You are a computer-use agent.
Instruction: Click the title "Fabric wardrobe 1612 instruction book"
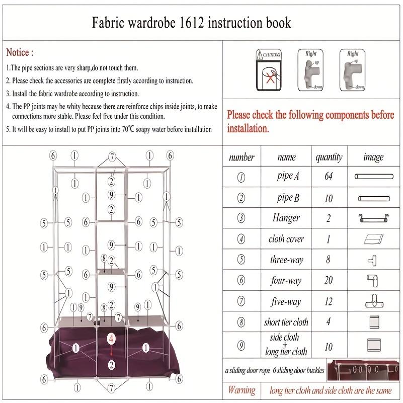(191, 23)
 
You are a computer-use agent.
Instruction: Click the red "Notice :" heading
(20, 52)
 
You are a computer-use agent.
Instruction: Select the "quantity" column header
(329, 157)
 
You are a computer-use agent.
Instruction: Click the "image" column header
(373, 157)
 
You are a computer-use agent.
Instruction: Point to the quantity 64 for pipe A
(329, 177)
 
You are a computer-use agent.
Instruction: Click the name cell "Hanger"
(286, 218)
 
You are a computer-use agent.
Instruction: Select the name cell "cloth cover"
(286, 239)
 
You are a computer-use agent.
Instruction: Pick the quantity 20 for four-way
(329, 280)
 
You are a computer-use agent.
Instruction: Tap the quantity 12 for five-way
(329, 301)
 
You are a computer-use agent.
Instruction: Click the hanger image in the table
(373, 218)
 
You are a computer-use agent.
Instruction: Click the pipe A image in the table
(373, 177)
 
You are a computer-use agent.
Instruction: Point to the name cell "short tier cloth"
(286, 323)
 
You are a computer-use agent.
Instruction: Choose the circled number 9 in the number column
(241, 345)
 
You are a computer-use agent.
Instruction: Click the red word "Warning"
(241, 390)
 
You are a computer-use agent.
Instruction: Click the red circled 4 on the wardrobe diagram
(111, 339)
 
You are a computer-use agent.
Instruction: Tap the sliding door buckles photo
(363, 370)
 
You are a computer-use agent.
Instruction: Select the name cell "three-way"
(286, 260)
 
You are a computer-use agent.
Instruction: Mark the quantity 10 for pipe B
(329, 198)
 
